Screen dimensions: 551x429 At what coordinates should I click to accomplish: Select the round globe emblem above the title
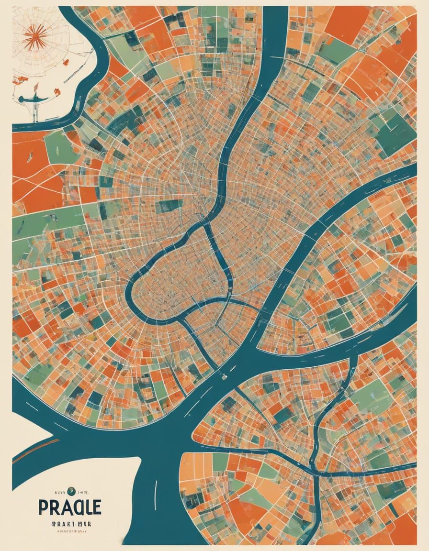coord(70,490)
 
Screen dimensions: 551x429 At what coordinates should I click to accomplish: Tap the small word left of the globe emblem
coord(58,490)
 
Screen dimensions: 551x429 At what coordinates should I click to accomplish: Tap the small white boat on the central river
coord(224,376)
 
